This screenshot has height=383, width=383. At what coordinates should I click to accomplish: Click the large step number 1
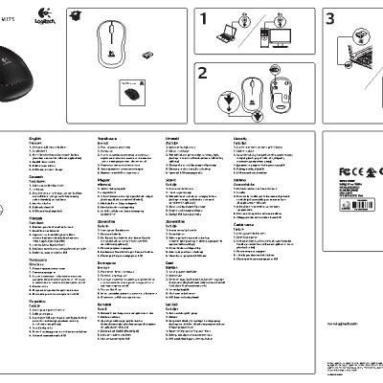tap(204, 18)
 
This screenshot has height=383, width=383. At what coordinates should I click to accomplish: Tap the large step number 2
tap(204, 75)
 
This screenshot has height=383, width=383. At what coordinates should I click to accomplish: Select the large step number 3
tap(331, 18)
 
